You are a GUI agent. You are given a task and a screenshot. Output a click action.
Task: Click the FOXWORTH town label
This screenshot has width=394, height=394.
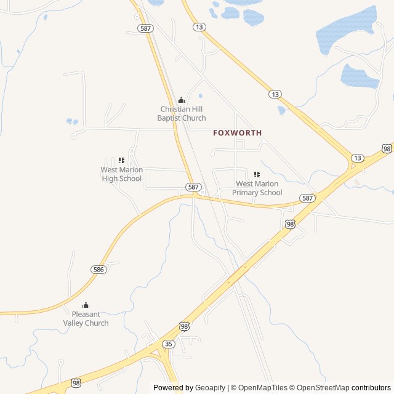pos(237,133)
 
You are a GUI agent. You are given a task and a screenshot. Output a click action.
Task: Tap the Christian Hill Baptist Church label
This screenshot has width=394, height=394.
pos(181,113)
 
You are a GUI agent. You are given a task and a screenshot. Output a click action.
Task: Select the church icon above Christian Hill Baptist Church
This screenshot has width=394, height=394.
pos(181,100)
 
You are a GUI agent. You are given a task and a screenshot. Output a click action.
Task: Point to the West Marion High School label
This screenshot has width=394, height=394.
pos(121,174)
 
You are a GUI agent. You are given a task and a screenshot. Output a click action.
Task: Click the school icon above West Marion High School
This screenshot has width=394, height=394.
pos(121,161)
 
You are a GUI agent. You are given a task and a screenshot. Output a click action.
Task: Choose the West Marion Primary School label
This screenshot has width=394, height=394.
pos(257,188)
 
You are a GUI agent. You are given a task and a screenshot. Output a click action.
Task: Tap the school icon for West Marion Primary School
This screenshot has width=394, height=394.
pos(257,175)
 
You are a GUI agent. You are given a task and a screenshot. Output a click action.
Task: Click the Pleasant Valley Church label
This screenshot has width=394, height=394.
pos(86,319)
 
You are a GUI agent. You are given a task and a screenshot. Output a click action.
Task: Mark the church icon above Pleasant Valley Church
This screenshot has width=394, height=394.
pos(86,305)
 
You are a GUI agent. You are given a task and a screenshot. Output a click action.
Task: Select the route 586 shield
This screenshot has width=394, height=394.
pos(98,270)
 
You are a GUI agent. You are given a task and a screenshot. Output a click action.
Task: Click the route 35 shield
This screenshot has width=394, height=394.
pos(169,344)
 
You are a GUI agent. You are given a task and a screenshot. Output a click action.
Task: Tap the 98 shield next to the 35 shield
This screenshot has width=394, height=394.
pos(185,326)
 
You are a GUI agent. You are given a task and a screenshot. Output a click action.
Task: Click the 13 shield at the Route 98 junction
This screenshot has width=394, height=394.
pos(357,158)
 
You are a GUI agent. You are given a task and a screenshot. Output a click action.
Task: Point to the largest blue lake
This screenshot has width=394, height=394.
pos(346,29)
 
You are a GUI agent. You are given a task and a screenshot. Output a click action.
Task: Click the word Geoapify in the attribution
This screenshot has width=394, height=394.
pos(210,388)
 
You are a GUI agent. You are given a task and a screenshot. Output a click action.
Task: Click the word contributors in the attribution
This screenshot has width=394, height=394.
pos(371,388)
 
